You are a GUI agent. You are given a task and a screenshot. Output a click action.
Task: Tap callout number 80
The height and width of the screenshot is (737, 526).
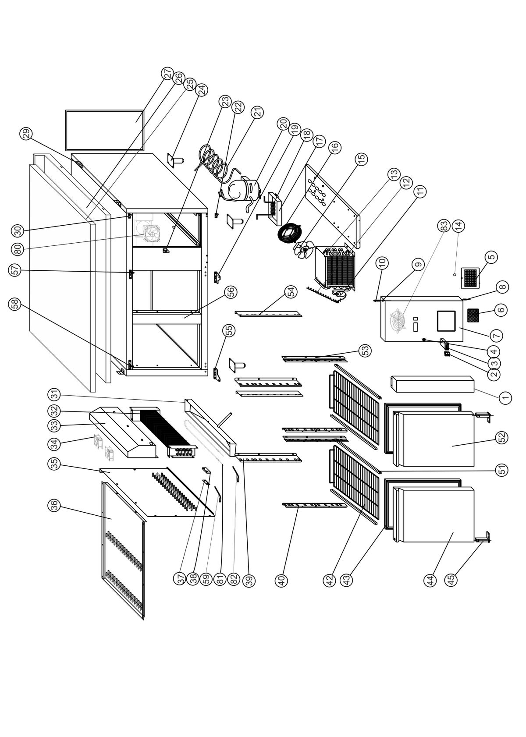pyautogui.click(x=18, y=248)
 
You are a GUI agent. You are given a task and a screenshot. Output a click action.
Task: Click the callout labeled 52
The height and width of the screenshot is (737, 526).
pyautogui.click(x=502, y=437)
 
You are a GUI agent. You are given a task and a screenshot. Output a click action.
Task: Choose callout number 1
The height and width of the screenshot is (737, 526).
pyautogui.click(x=505, y=398)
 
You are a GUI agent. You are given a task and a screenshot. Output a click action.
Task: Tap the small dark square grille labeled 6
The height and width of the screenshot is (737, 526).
pyautogui.click(x=473, y=315)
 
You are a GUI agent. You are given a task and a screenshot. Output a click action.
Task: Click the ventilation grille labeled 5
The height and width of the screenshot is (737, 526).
pyautogui.click(x=470, y=277)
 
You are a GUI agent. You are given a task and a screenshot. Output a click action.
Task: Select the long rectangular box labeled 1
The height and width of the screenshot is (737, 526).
pyautogui.click(x=432, y=384)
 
